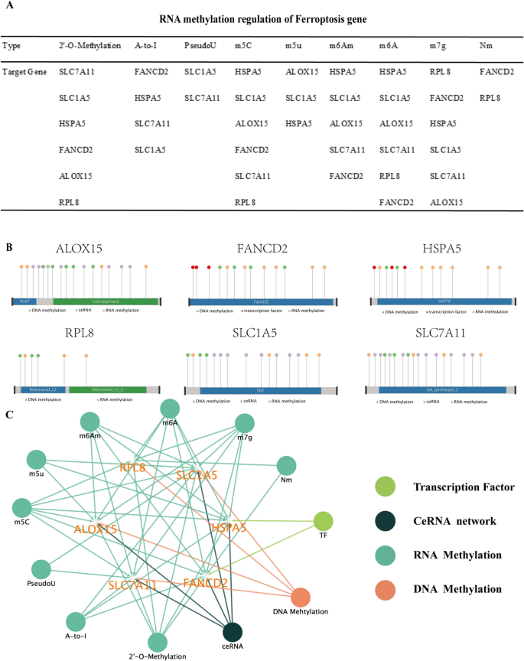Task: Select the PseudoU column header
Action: pyautogui.click(x=200, y=46)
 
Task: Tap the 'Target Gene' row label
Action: pyautogui.click(x=24, y=72)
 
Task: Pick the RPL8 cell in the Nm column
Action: pyautogui.click(x=490, y=98)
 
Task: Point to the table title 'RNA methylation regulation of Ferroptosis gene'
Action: pyautogui.click(x=261, y=18)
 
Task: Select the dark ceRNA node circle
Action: pyautogui.click(x=233, y=633)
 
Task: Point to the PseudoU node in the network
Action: pyautogui.click(x=41, y=568)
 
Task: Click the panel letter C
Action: pyautogui.click(x=8, y=414)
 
